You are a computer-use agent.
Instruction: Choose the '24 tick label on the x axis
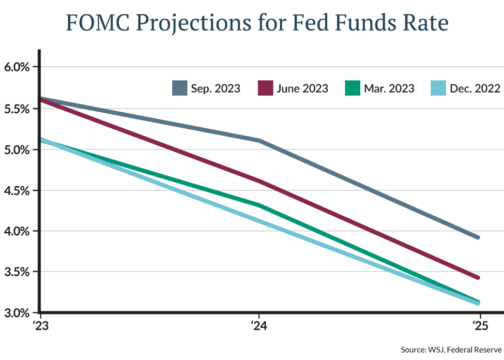[x=258, y=326]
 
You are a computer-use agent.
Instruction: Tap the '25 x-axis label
[x=480, y=326]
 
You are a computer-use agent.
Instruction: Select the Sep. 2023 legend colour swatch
[x=179, y=88]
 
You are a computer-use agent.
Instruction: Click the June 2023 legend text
[x=302, y=88]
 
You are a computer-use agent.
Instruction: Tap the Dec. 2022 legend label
[x=474, y=88]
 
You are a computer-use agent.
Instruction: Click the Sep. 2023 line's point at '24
[x=258, y=140]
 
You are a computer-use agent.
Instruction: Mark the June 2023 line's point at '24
[x=258, y=181]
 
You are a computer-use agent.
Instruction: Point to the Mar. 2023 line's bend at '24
[x=258, y=205]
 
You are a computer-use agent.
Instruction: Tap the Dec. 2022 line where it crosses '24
[x=258, y=221]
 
